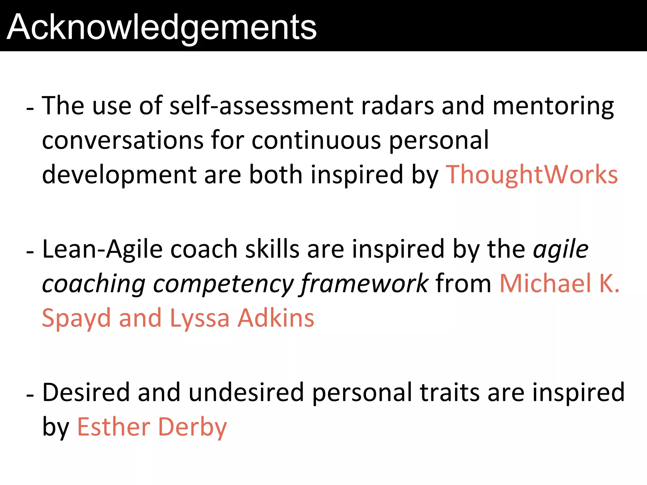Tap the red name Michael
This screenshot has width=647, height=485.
[x=545, y=283]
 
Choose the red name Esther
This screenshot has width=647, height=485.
[x=114, y=427]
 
